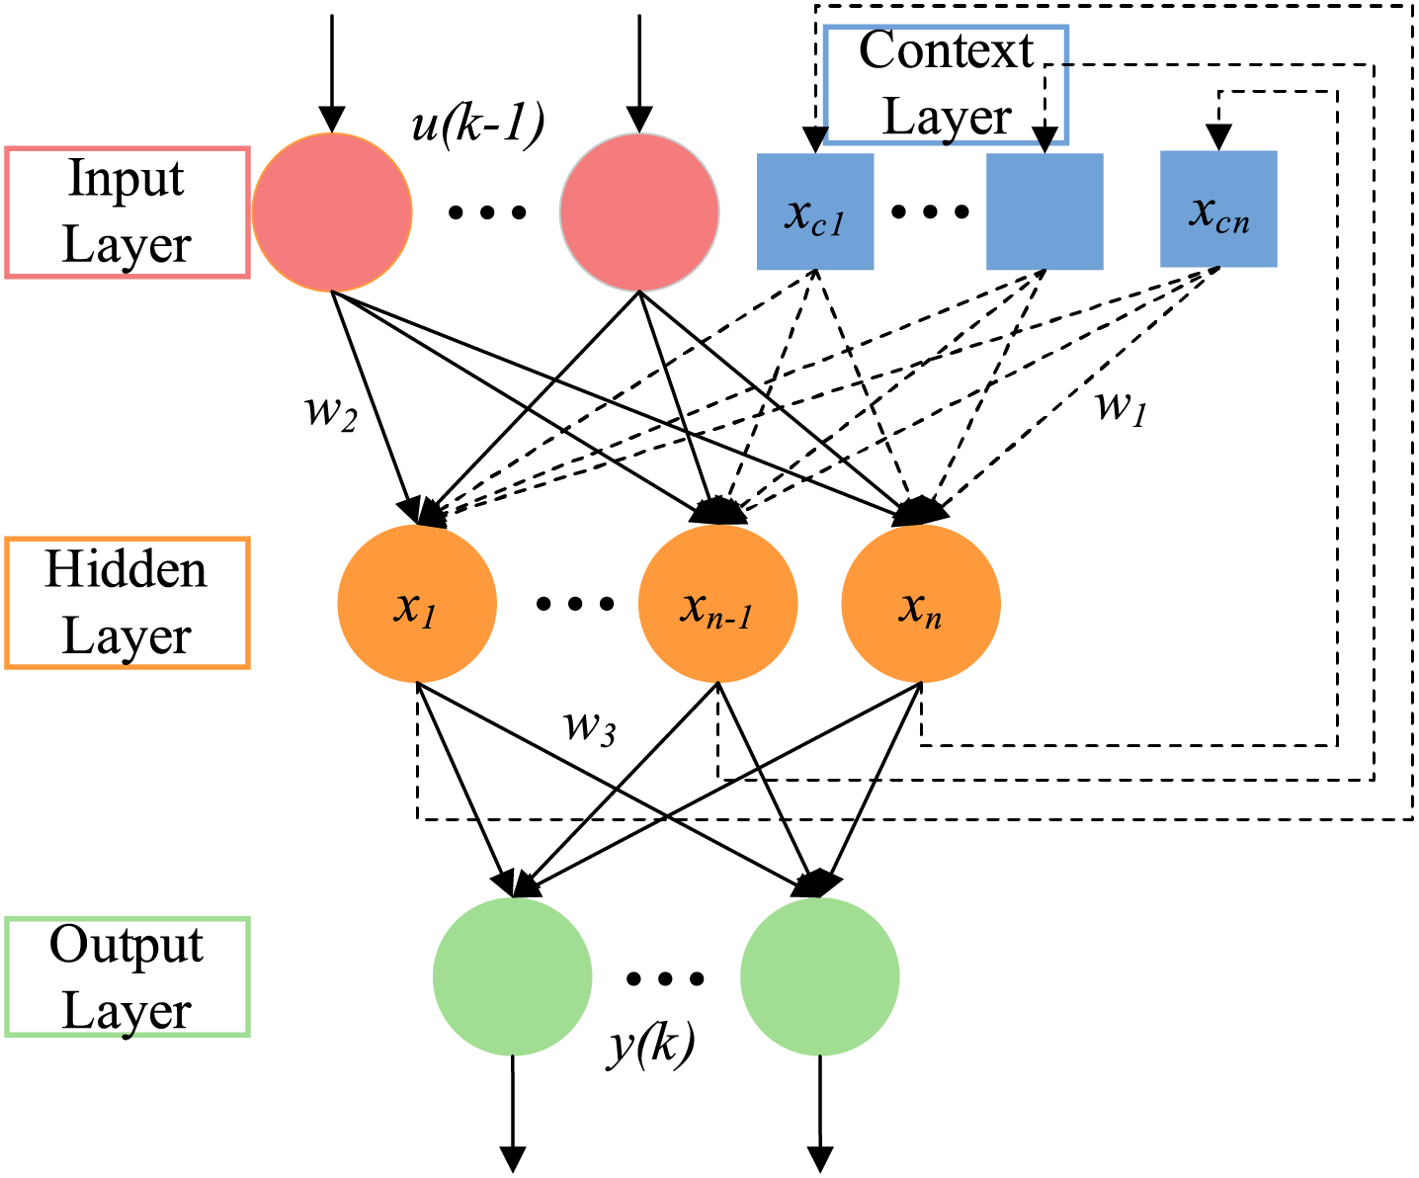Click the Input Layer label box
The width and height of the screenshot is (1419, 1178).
(x=126, y=212)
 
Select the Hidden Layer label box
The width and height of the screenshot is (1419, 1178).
(x=126, y=603)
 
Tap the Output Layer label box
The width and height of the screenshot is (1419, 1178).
(x=126, y=976)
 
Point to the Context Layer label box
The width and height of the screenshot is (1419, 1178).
(x=946, y=85)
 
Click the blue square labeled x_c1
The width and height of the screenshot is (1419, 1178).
(x=815, y=211)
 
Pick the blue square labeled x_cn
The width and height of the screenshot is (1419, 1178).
(x=1218, y=210)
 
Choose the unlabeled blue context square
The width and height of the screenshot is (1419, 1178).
(x=1044, y=211)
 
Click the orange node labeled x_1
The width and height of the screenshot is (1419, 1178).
(x=417, y=604)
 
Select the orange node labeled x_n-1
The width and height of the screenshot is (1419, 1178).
(x=718, y=604)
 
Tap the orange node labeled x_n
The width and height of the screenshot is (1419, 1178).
(x=921, y=604)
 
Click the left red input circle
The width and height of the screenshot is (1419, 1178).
(x=332, y=212)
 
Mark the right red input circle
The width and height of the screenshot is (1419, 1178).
(x=639, y=212)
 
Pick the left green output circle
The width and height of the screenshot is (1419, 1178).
(x=513, y=977)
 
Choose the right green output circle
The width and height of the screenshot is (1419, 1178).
(x=820, y=977)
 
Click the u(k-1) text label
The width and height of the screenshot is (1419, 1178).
(x=478, y=126)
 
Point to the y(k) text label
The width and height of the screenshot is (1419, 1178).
(x=650, y=1044)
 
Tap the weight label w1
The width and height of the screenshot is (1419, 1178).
(x=1122, y=405)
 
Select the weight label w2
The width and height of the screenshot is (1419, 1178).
(x=330, y=411)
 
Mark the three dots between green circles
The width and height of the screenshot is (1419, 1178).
(x=665, y=978)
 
